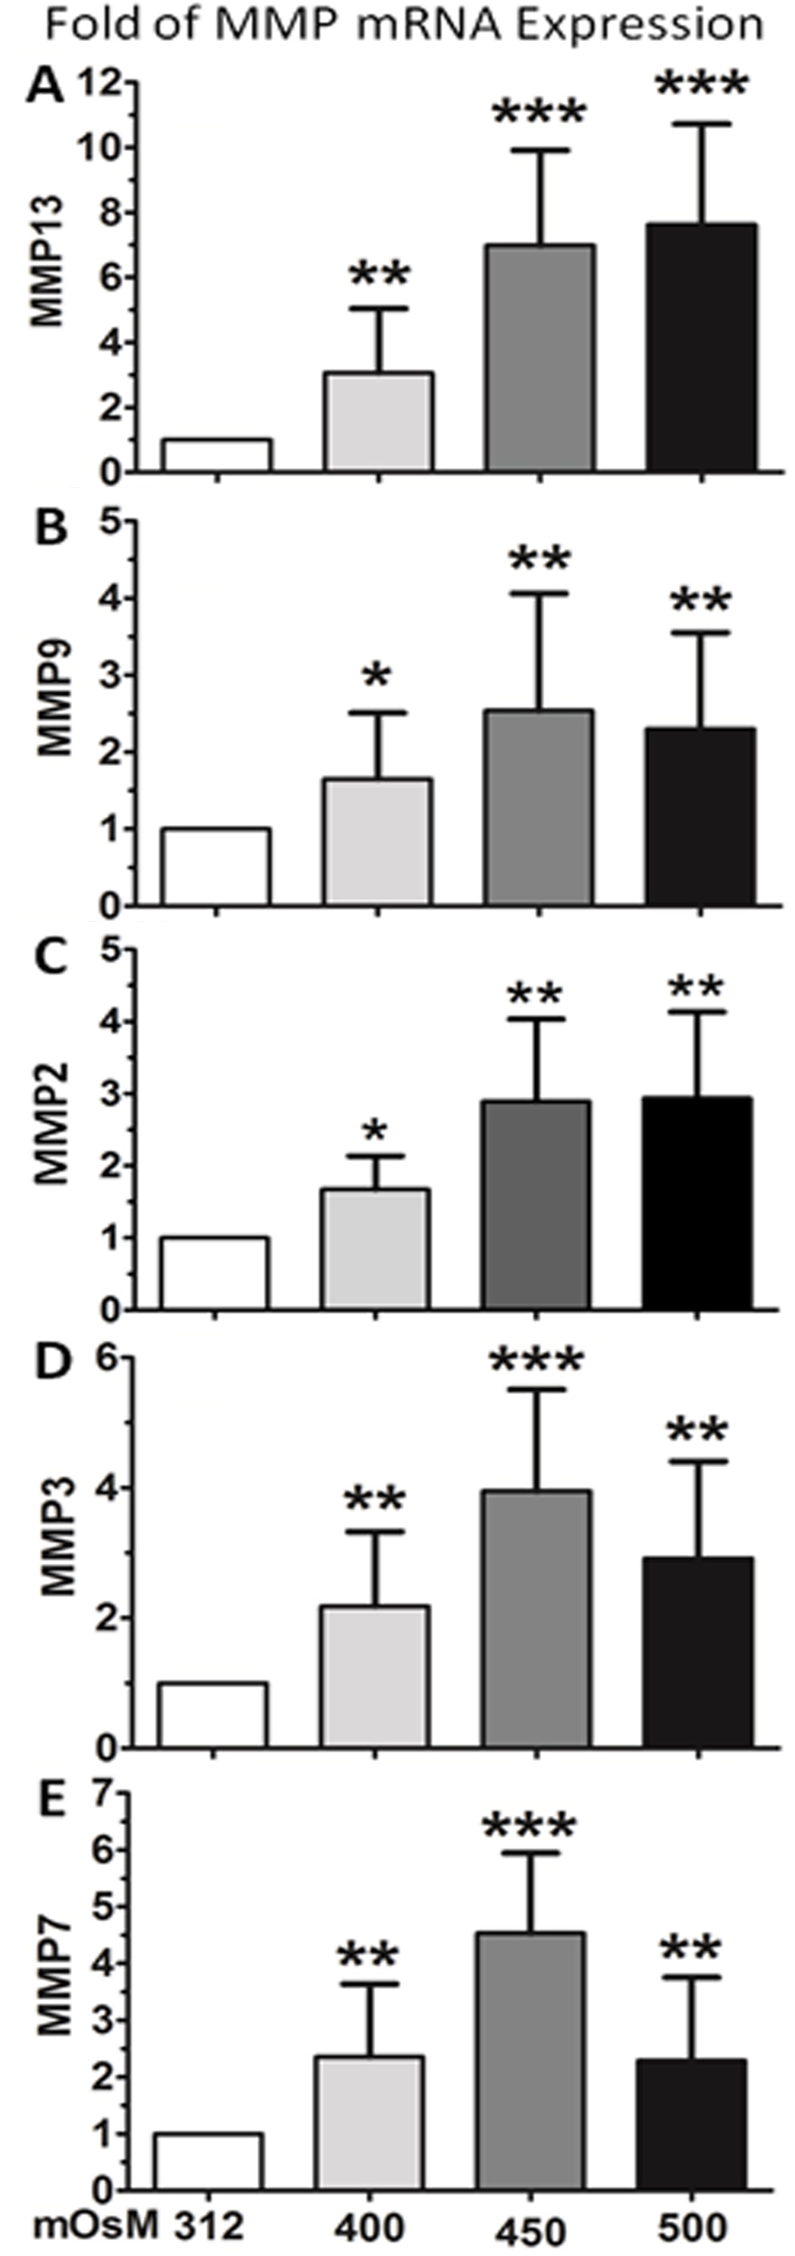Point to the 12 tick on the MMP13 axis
(x=100, y=84)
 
